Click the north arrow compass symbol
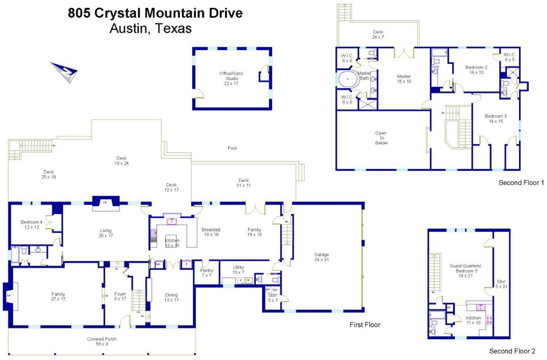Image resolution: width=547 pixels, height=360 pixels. [x=65, y=72]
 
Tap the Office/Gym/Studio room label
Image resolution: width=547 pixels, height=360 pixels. [x=232, y=78]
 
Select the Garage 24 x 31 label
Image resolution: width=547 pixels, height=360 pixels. [x=321, y=257]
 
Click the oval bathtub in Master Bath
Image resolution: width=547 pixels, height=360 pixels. [x=348, y=79]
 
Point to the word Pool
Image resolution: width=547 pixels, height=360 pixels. [x=232, y=148]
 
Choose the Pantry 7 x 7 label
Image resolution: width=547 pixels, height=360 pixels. [x=206, y=273]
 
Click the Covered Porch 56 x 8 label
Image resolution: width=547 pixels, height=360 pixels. [x=102, y=341]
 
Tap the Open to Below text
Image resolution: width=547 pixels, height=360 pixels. [x=381, y=138]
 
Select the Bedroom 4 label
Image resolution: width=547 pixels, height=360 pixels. [x=31, y=224]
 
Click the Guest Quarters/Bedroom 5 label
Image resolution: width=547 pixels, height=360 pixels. [x=465, y=271]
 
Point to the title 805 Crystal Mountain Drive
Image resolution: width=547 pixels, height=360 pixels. [x=155, y=13]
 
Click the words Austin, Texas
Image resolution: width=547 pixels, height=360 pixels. [x=150, y=28]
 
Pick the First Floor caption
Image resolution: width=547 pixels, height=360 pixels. [x=365, y=324]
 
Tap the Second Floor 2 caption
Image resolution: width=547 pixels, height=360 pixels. [x=512, y=351]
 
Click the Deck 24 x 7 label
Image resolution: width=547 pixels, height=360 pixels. [x=378, y=35]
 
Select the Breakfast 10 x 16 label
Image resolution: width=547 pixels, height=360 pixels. [x=211, y=232]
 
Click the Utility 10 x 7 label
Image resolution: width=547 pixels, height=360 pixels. [x=238, y=270]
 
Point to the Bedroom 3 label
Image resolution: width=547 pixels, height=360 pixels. [x=496, y=119]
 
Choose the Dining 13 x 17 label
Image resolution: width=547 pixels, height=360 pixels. [x=171, y=297]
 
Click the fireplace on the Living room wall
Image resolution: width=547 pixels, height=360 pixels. [x=106, y=204]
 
